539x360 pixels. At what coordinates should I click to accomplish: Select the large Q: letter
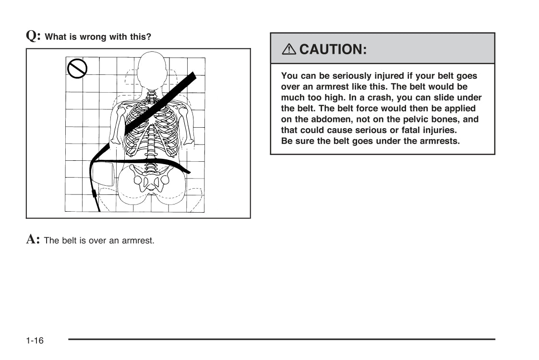(33, 36)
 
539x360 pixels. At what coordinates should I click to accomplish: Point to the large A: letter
(33, 239)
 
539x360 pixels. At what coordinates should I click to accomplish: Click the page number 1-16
(35, 341)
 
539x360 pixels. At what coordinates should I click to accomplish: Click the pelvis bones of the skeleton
(151, 180)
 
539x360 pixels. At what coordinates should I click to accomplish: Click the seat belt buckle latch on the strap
(94, 194)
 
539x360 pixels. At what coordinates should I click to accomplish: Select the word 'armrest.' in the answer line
(139, 240)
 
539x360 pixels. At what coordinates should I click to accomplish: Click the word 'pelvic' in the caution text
(416, 120)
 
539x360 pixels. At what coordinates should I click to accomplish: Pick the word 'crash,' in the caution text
(405, 98)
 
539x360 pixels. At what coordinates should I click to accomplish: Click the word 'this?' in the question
(140, 37)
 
